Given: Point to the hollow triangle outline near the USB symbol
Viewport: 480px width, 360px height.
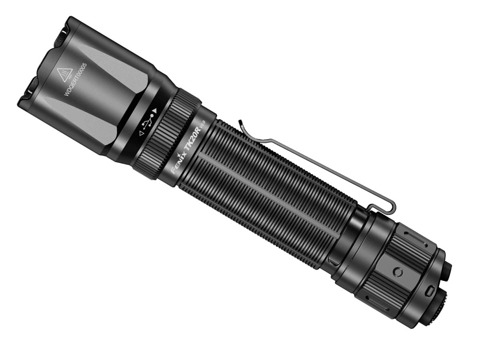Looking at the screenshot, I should coord(141,134).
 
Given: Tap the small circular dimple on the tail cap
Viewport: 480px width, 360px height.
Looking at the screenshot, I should coord(397,272).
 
